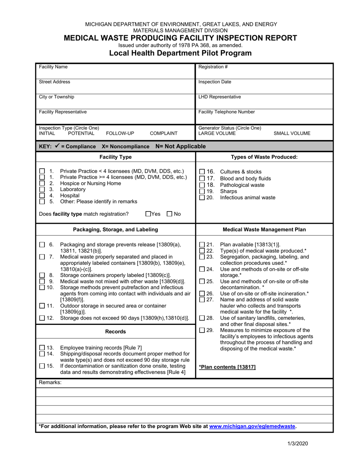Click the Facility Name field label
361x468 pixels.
coord(53,67)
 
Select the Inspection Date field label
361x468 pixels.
coord(215,82)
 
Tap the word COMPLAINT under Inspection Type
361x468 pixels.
coord(163,134)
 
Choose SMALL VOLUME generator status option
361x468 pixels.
coord(291,134)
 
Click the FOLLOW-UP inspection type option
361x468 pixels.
coord(120,134)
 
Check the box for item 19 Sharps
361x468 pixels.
coord(202,192)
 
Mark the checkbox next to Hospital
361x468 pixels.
coord(43,196)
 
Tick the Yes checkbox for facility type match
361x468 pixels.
coord(148,214)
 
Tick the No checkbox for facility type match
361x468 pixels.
coord(170,214)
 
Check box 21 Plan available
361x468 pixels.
coord(202,245)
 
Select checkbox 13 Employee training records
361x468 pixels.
coord(42,348)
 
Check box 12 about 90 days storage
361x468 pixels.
coord(42,318)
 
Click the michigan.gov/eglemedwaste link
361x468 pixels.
coord(252,427)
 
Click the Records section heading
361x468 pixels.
coord(115,332)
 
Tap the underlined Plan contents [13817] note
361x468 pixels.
coord(227,367)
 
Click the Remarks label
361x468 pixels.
coord(50,382)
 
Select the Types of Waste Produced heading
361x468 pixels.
coord(264,157)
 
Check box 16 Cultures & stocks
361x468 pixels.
coord(202,172)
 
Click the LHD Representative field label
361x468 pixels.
coord(220,97)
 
